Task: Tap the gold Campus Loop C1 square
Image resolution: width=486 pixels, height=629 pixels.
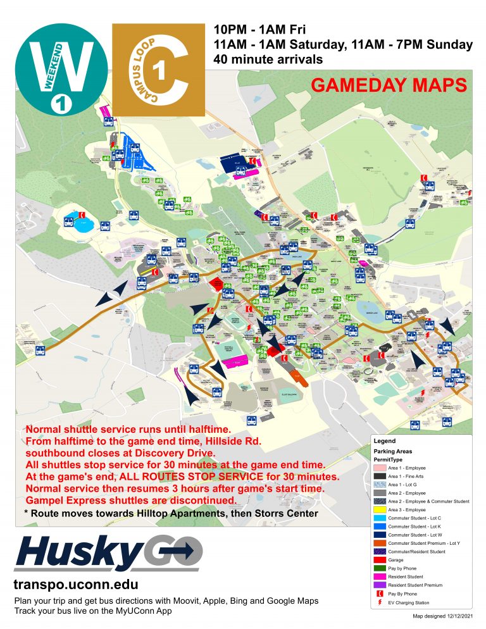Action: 158,70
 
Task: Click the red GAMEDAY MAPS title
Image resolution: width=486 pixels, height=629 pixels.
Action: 389,85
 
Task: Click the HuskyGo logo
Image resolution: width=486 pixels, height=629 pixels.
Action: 108,554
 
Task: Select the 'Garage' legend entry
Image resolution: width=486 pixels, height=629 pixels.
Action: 397,561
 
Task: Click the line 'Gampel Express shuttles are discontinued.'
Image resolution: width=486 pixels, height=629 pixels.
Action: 131,500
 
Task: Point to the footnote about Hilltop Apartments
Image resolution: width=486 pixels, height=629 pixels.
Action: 170,513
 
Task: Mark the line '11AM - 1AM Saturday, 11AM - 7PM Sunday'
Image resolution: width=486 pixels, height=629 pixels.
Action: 343,45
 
